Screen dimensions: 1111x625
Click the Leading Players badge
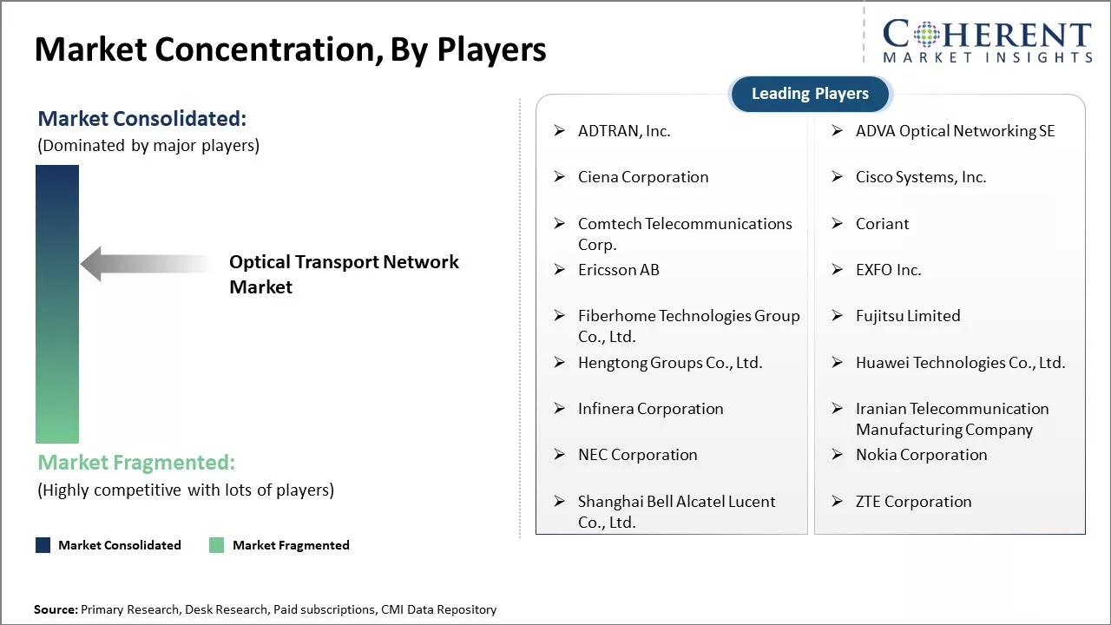click(x=810, y=94)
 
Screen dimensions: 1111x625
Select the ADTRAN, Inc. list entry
click(x=624, y=131)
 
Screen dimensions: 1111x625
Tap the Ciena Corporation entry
click(x=643, y=177)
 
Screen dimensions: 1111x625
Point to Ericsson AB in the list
click(x=619, y=270)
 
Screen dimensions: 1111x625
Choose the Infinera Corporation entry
click(x=650, y=409)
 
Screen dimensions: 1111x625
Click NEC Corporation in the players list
click(x=637, y=455)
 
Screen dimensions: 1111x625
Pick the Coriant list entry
click(x=883, y=224)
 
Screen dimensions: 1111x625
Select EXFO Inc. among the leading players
click(x=888, y=270)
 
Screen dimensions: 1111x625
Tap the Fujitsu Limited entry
click(x=908, y=316)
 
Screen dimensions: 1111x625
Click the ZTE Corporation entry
click(x=914, y=502)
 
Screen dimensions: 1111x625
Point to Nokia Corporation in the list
click(x=922, y=455)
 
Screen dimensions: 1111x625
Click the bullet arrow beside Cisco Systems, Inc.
click(x=838, y=176)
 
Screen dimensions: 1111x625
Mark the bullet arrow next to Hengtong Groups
click(x=560, y=363)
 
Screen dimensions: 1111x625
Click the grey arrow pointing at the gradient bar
click(x=145, y=263)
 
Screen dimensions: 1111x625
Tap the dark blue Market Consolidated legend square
click(x=43, y=545)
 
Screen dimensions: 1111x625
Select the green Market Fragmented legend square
click(x=217, y=545)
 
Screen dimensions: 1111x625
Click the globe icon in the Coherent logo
click(x=926, y=35)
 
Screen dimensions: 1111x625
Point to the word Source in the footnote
click(x=56, y=609)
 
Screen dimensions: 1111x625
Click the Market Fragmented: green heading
click(x=136, y=463)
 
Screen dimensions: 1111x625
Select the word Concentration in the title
click(x=269, y=49)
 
